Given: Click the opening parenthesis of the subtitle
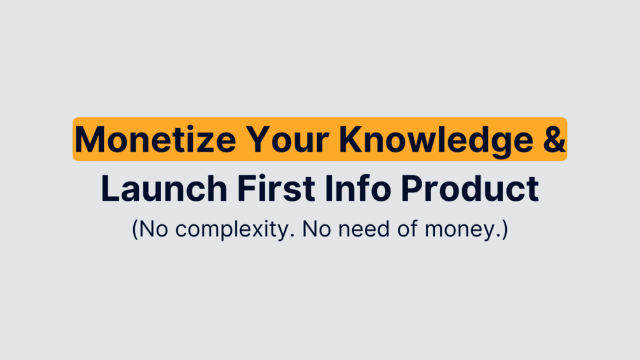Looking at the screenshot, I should (x=135, y=228).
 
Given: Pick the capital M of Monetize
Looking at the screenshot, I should (x=88, y=140).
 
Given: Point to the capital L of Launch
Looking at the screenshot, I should (x=110, y=189).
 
